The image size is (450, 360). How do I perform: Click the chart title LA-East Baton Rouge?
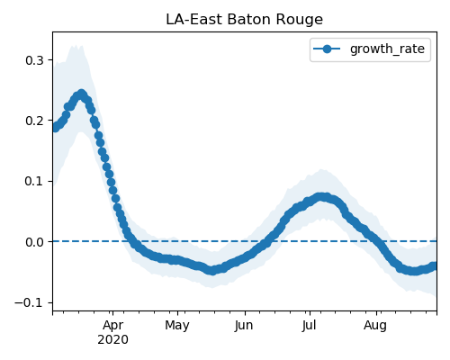click(x=244, y=20)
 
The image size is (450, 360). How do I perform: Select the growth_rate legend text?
click(x=387, y=49)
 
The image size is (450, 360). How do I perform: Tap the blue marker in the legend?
click(x=327, y=49)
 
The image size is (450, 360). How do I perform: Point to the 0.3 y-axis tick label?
click(x=34, y=60)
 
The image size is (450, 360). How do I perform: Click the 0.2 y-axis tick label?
click(x=34, y=121)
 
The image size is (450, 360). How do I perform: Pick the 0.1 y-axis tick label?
click(x=34, y=182)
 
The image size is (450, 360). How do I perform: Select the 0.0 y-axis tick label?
click(x=34, y=242)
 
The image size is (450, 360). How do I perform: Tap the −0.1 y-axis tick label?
click(x=29, y=302)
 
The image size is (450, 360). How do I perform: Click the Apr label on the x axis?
click(x=112, y=326)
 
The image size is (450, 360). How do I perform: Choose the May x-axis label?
click(x=177, y=326)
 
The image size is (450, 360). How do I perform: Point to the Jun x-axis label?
click(x=244, y=325)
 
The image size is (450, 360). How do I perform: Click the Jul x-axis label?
click(x=310, y=325)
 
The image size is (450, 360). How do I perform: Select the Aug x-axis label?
click(x=375, y=326)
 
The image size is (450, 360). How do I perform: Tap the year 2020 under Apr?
click(x=112, y=339)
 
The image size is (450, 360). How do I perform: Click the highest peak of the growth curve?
click(x=81, y=94)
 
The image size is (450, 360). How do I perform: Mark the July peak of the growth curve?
click(x=321, y=197)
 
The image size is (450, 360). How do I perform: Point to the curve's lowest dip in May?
click(x=212, y=271)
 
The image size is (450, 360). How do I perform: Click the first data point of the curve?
click(x=55, y=128)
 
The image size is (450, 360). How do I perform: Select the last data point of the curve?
click(x=434, y=266)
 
